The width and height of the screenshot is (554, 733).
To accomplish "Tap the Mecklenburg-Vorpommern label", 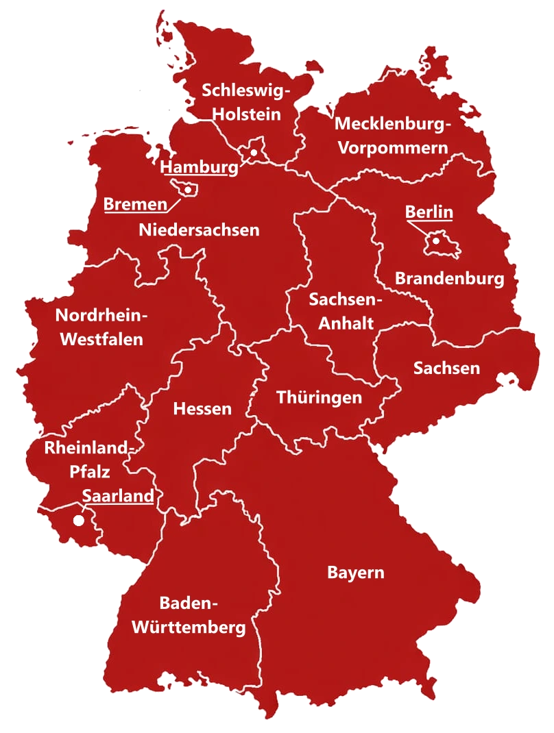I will coord(393,136).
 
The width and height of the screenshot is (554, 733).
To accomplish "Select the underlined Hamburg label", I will coord(200,168).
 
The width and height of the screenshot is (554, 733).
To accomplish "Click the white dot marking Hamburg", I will coord(254,153).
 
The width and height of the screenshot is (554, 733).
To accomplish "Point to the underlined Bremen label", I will coord(135,204).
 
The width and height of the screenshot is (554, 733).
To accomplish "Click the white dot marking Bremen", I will coord(187,190).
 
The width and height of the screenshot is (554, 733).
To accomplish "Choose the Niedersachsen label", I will coord(199,229).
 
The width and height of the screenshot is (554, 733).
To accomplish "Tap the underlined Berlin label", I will coord(429,212).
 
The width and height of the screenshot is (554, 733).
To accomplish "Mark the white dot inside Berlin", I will coord(435,240).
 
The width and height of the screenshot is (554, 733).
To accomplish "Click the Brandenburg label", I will coord(449,279).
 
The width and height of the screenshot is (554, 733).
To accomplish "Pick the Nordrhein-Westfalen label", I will coord(101,327).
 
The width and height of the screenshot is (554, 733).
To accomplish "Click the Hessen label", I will coord(202,409).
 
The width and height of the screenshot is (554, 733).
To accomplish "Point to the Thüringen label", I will coord(319,397).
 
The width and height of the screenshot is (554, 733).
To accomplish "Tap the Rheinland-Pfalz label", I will coord(88,460).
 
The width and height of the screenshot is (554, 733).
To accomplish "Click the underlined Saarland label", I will coord(117,495).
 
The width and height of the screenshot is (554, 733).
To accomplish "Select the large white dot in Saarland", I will coord(79,521).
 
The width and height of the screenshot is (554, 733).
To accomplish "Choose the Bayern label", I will coord(355,572).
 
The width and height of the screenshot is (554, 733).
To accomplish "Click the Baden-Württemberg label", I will coord(189,615).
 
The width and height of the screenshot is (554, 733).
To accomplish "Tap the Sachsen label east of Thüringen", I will coord(446,368).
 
